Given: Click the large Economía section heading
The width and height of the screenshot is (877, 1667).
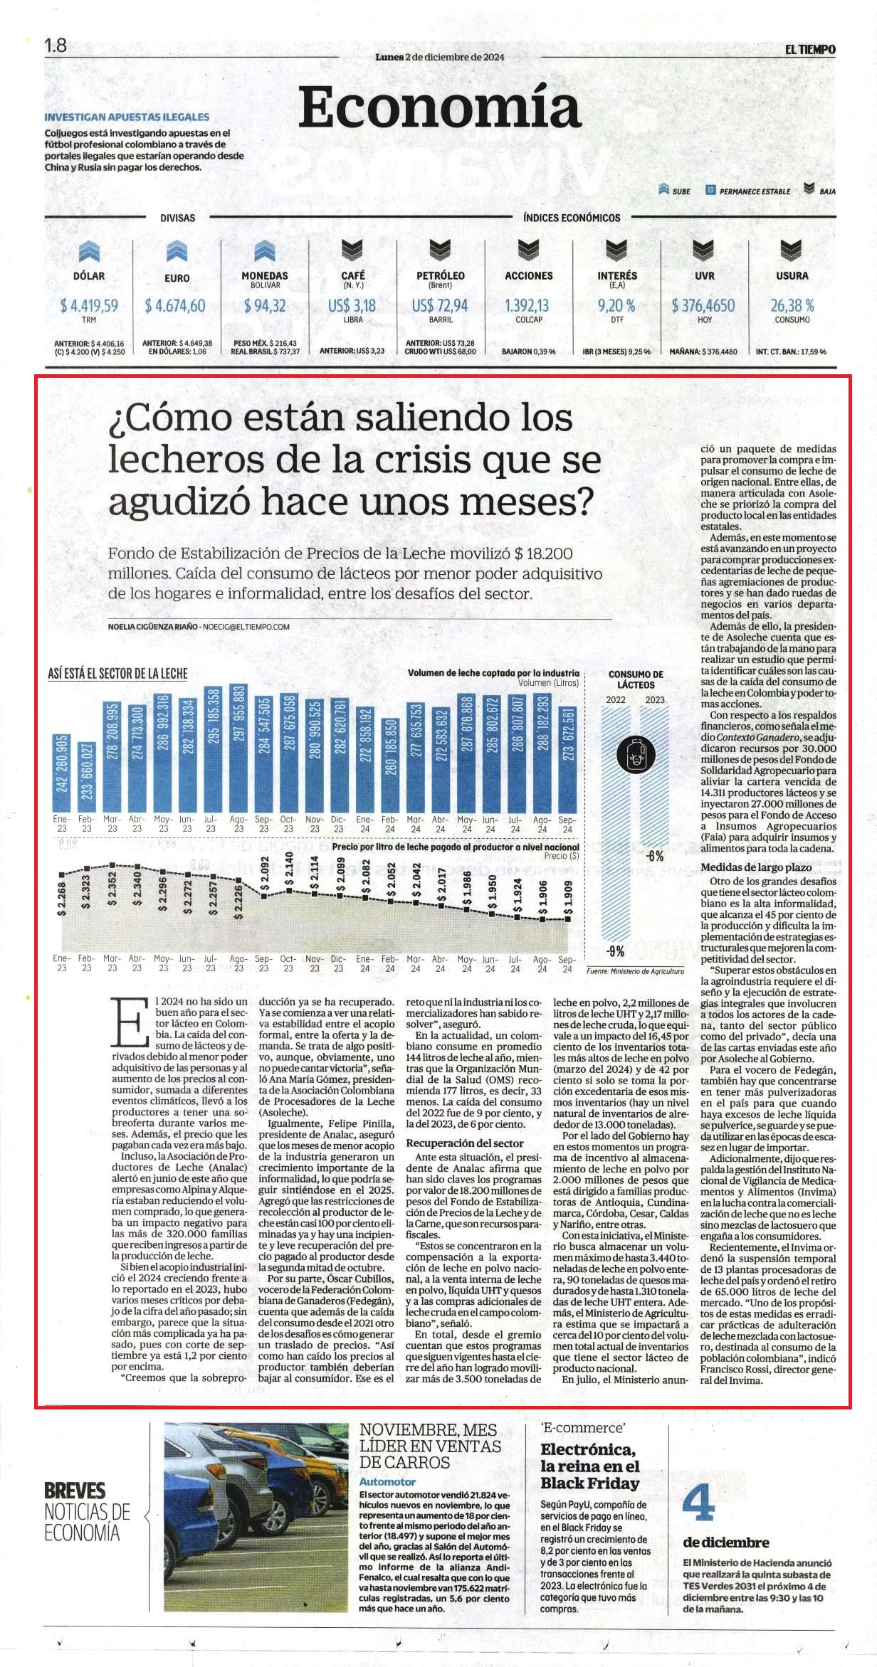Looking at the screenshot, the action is click(439, 107).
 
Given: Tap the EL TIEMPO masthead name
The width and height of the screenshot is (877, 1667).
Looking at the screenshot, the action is click(810, 49).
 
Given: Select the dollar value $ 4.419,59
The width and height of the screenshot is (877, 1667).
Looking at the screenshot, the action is click(89, 306).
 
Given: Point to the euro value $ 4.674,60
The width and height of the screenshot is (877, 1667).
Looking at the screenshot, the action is click(175, 306).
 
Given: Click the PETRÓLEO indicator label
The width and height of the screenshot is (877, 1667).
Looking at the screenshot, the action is click(441, 275).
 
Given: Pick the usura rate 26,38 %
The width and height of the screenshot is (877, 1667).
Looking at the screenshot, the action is click(792, 306).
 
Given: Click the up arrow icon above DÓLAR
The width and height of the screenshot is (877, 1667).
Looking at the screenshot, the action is click(89, 251).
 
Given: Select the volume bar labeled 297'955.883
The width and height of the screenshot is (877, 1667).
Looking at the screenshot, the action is click(238, 746).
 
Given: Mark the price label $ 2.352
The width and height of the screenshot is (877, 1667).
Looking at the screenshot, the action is click(112, 889).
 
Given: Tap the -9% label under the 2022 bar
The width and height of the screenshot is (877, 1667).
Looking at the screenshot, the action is click(616, 951).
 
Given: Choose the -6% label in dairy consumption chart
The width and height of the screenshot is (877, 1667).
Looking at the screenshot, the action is click(655, 855).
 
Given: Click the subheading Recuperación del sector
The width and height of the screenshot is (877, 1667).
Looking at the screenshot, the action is click(465, 1143).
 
